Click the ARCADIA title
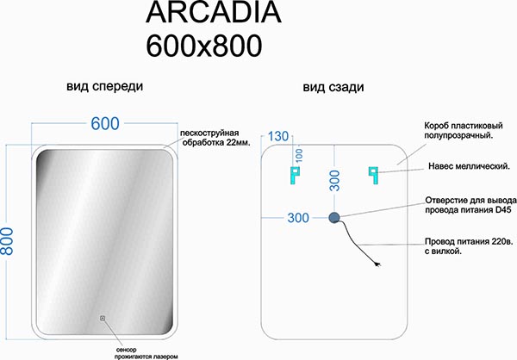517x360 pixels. (x=214, y=12)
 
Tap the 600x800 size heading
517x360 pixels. (x=204, y=46)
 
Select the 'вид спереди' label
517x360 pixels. (x=105, y=86)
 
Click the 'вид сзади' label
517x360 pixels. (x=333, y=87)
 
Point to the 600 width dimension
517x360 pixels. (x=105, y=124)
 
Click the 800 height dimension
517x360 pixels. (x=7, y=241)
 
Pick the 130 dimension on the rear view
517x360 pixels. (x=278, y=136)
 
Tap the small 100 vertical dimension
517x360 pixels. (x=299, y=155)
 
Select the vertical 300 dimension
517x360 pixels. (x=334, y=181)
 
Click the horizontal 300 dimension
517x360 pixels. (x=298, y=218)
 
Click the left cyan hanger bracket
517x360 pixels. (x=295, y=176)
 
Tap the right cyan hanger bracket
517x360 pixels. (x=373, y=176)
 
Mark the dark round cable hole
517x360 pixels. (x=334, y=218)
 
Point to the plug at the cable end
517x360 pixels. (x=377, y=264)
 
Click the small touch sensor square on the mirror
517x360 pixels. (x=103, y=318)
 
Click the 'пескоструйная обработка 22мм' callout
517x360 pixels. (x=215, y=138)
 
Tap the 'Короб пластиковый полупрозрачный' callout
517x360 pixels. (x=464, y=131)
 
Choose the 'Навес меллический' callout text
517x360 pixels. (x=470, y=166)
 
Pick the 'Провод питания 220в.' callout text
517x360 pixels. (x=469, y=242)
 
